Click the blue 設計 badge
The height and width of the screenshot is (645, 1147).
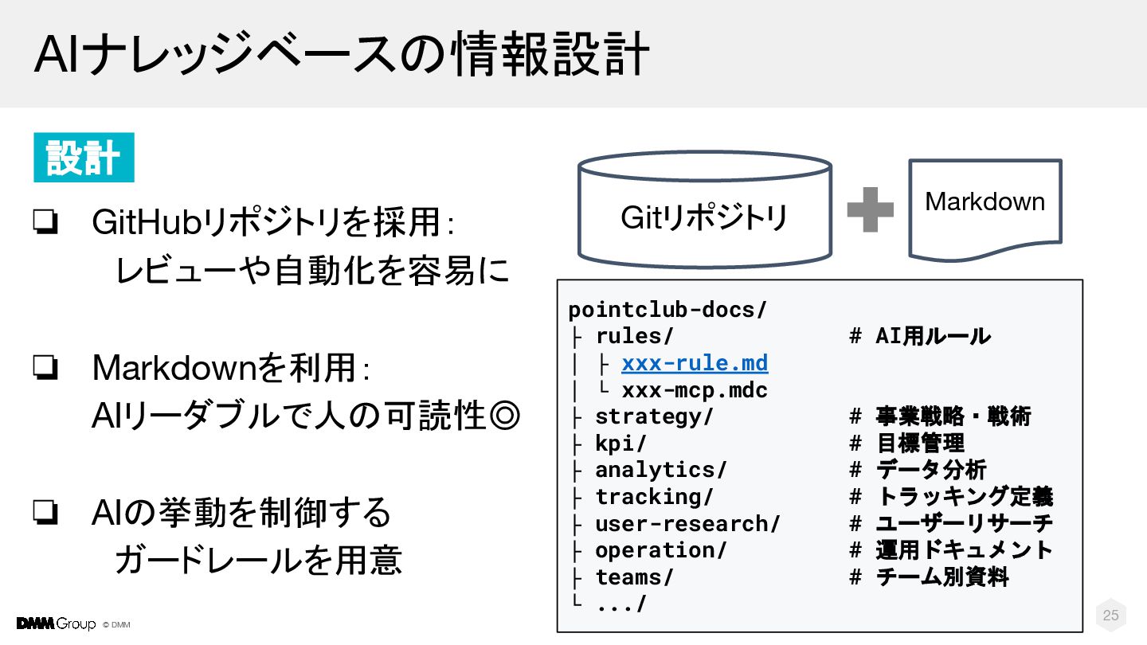coord(84,158)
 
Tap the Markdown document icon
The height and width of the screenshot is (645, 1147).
coord(985,209)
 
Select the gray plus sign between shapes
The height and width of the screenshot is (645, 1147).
coord(870,210)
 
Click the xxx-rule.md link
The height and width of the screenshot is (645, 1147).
coord(695,364)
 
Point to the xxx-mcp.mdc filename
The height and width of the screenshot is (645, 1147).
coord(695,391)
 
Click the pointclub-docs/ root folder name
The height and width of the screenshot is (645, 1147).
coord(667,310)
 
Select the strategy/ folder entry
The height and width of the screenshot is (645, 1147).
coord(654,416)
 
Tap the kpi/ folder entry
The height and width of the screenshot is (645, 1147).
coord(620,444)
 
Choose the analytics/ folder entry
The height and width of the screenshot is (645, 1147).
coord(661,471)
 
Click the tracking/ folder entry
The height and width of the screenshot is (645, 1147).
coord(654,498)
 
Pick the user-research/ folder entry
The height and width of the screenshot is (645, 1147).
coord(687,524)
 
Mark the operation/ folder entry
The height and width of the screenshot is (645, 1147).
coord(661,551)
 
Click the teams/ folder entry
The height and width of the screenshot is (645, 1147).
coord(634,577)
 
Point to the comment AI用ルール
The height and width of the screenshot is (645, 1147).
coord(933,336)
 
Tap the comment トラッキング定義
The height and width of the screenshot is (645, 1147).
coord(965,498)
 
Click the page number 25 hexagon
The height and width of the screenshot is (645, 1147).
coord(1110,615)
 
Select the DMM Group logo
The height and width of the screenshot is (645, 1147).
coord(56,623)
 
